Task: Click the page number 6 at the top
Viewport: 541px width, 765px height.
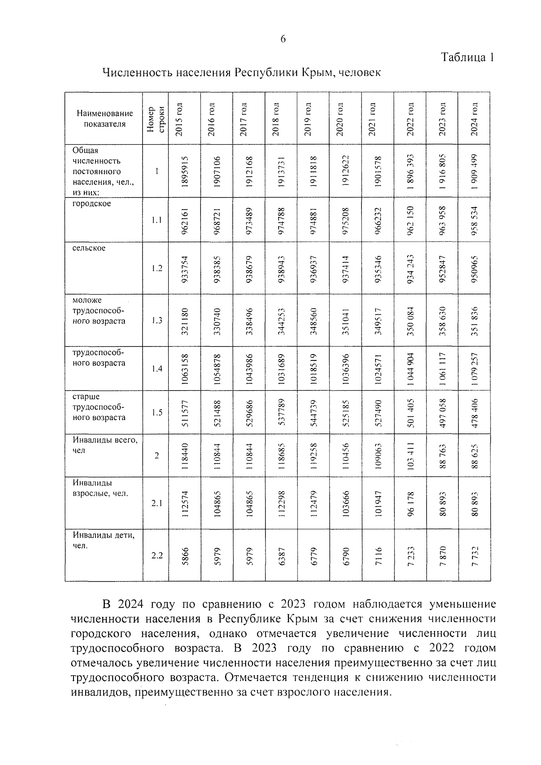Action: point(283,39)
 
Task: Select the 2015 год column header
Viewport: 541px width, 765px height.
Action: point(179,119)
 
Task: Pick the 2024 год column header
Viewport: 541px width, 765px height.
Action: point(474,119)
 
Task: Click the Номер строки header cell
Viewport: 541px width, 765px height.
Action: point(156,119)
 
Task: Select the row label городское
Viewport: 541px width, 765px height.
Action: point(92,203)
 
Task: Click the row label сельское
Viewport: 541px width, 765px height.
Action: point(89,248)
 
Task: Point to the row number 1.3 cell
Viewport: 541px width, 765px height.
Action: point(156,321)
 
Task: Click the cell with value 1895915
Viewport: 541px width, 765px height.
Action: point(184,171)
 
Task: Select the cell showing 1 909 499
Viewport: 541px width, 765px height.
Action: point(474,171)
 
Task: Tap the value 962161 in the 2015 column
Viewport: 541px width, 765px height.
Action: point(184,220)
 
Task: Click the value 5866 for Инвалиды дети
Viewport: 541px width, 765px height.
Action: point(184,555)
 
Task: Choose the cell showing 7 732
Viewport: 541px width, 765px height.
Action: point(474,555)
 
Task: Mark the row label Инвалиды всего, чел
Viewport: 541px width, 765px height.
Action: point(105,445)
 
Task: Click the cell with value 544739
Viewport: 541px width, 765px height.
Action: point(313,412)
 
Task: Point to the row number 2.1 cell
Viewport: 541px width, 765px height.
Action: point(156,503)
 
